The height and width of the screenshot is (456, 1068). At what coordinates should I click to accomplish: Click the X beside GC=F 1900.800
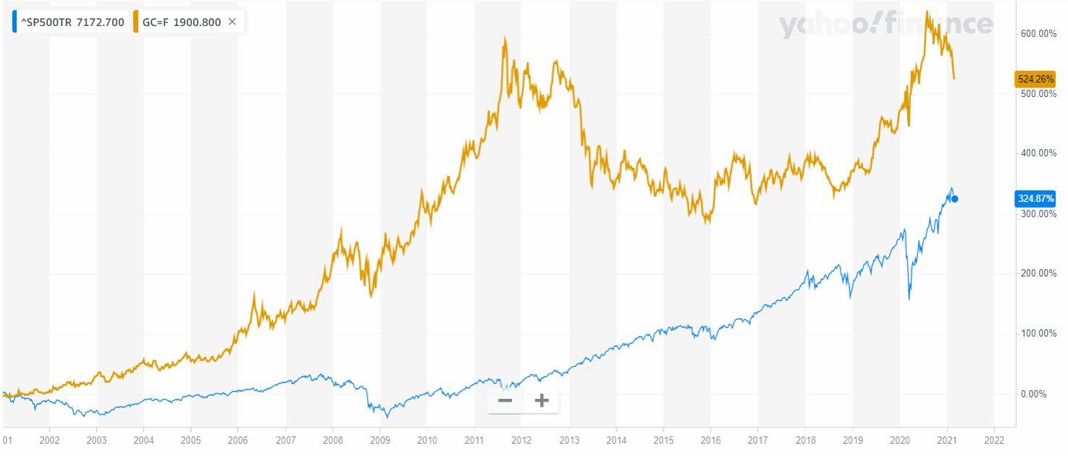(x=232, y=22)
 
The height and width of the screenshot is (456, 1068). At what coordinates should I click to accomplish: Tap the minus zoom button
(x=505, y=400)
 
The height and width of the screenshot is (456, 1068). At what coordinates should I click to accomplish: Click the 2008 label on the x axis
(x=333, y=439)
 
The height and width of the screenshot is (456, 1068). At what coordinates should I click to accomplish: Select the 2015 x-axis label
(x=663, y=439)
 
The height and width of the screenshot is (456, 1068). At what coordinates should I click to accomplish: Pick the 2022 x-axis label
(x=994, y=439)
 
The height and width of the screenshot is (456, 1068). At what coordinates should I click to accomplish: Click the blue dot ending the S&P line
(x=955, y=199)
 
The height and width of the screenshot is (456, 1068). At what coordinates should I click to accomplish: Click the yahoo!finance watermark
(x=886, y=25)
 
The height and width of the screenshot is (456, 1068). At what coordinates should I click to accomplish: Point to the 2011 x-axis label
(x=474, y=439)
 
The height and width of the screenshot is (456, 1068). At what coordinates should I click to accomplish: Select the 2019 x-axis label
(x=852, y=439)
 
